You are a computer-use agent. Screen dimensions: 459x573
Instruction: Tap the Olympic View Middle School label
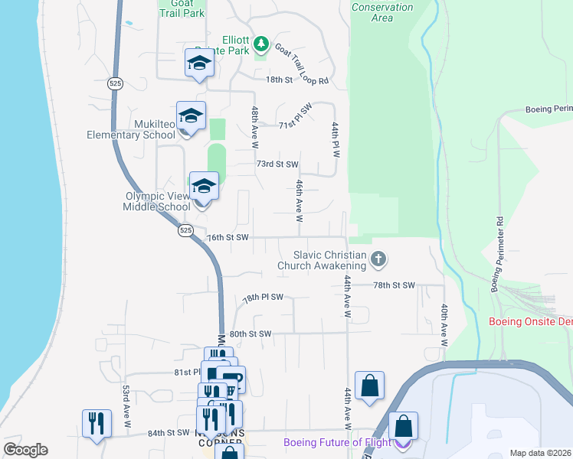coord(158,201)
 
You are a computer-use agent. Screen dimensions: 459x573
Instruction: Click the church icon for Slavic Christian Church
coord(377,260)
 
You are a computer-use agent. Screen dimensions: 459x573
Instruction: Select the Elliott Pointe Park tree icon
coord(261,44)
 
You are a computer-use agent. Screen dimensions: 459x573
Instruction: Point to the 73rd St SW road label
coord(277,164)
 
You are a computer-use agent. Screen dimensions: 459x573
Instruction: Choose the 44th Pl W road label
coord(335,138)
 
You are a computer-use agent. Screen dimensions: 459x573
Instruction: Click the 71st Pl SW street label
coord(295,118)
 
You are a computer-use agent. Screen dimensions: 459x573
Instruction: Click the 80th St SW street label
coord(250,334)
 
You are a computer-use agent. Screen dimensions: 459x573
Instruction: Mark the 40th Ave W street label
coord(444,320)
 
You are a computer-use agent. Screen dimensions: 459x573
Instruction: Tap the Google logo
coord(25,450)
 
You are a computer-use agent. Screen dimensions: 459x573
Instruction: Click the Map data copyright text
coord(540,453)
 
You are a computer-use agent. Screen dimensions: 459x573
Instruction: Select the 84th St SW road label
coord(168,433)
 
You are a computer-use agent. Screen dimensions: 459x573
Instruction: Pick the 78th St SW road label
coord(393,285)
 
